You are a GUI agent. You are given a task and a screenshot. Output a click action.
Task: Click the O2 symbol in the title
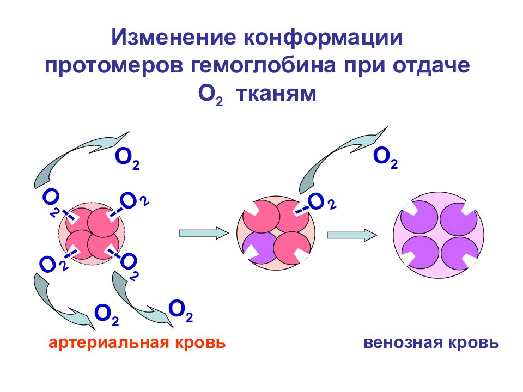click(210, 95)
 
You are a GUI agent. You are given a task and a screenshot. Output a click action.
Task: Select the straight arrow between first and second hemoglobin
click(204, 232)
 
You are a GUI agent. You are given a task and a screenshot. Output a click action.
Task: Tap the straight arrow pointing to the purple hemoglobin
click(352, 235)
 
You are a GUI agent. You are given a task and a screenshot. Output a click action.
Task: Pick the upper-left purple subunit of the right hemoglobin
click(419, 217)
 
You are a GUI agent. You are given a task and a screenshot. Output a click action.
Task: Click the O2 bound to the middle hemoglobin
click(321, 202)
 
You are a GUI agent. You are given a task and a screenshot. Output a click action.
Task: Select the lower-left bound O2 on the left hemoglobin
click(53, 264)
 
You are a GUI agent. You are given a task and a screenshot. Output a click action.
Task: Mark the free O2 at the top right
click(385, 157)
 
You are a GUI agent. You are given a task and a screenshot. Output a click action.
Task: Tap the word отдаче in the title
click(431, 65)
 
